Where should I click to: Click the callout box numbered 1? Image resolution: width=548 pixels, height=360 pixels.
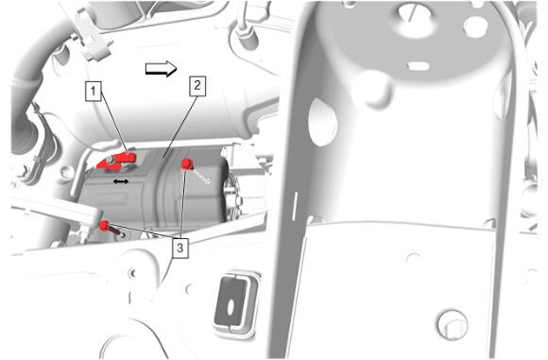(94, 92)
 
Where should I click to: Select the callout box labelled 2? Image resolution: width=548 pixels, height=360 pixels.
(197, 86)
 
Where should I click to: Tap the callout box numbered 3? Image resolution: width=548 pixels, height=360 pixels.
(180, 249)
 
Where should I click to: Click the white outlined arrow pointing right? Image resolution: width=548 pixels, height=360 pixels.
(161, 69)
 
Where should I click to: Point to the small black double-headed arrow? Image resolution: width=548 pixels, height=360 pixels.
(121, 181)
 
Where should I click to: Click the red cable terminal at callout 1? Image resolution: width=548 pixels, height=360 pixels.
(117, 161)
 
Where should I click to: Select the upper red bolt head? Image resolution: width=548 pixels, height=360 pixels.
(187, 163)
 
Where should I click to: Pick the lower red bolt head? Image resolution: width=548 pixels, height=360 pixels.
(105, 226)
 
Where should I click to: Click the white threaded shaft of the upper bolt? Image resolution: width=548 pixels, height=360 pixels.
(201, 176)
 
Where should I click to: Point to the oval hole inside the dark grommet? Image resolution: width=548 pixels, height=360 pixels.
(231, 308)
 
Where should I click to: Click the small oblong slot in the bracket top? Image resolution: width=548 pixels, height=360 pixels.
(419, 66)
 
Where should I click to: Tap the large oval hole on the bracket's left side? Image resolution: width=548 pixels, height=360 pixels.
(322, 122)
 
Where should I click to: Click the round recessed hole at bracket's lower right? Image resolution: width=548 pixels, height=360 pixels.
(453, 324)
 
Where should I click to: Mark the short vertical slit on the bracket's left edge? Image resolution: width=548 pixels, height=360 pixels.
(295, 206)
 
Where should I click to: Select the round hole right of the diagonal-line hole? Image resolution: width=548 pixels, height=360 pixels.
(475, 26)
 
